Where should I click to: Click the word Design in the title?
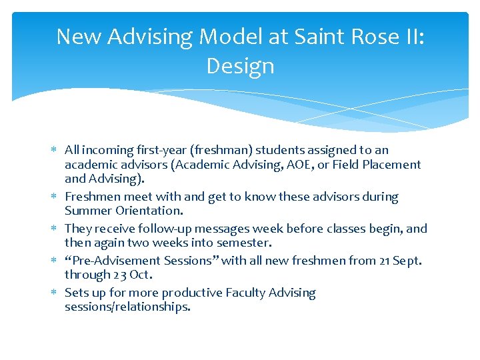click(x=240, y=66)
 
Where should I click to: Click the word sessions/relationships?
click(x=127, y=307)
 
